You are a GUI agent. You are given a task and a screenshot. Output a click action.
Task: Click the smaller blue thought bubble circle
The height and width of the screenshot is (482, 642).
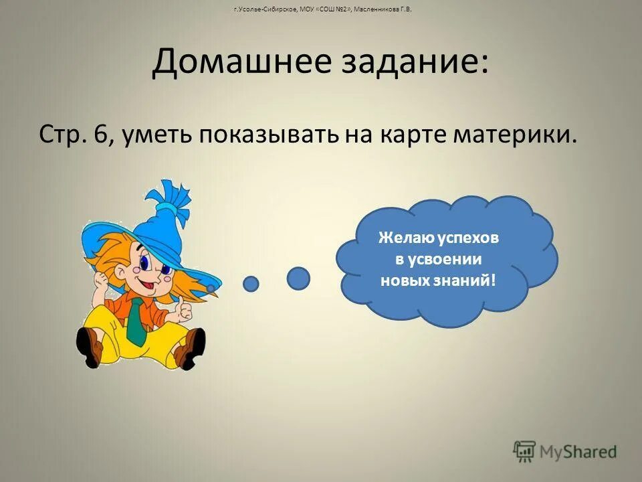click(251, 284)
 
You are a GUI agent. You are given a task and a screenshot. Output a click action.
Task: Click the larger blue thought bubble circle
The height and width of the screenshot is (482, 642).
click(298, 278)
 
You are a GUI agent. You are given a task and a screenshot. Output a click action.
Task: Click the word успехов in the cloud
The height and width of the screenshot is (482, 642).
click(470, 238)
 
